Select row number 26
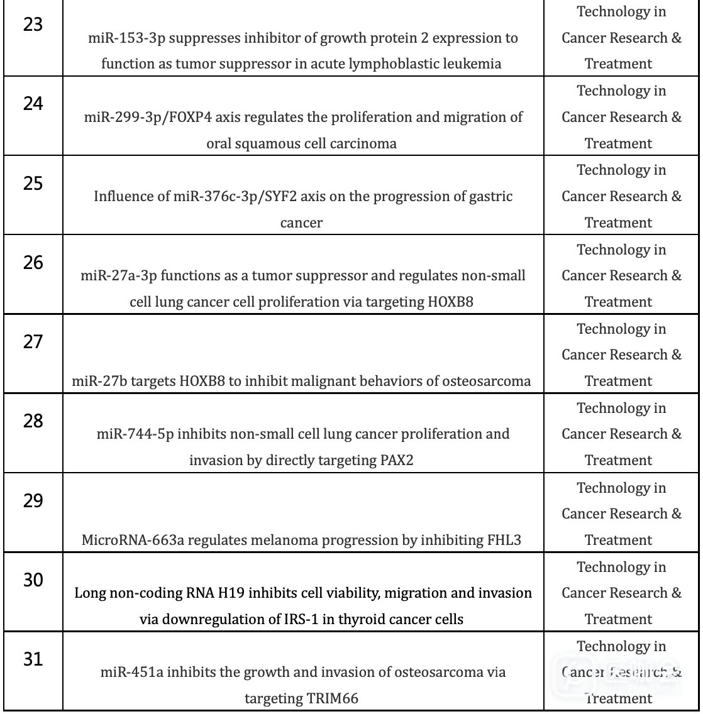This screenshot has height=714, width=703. [x=32, y=263]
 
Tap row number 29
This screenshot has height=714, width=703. [x=32, y=501]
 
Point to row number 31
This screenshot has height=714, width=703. [x=32, y=660]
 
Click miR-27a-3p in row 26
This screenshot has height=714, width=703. [x=113, y=276]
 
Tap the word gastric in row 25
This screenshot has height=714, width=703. [x=490, y=197]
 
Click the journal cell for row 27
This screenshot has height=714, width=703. [x=621, y=355]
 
